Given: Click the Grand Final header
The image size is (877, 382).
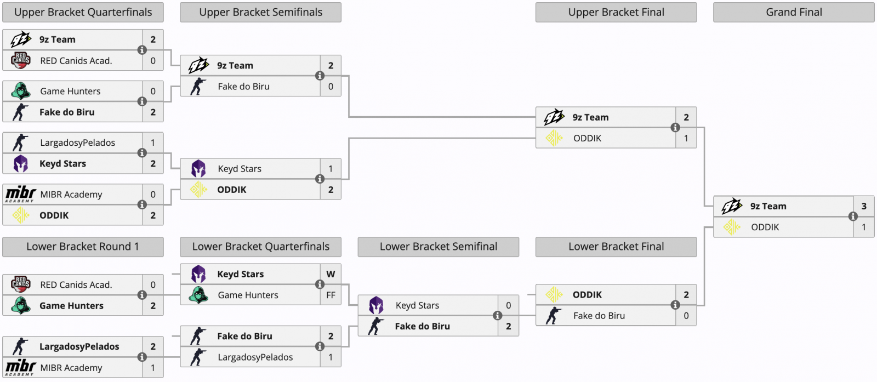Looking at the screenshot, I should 794,12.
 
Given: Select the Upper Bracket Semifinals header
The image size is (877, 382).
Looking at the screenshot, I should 260,12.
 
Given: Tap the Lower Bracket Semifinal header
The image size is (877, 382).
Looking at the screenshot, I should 438,247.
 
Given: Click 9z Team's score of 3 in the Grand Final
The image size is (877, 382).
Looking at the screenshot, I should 864,206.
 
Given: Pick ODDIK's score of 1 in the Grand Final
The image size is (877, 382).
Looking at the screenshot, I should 864,227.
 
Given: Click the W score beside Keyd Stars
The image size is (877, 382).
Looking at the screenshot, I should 331,274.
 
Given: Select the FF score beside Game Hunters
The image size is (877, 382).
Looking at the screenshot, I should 331,295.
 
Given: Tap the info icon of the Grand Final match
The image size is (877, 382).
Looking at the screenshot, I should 853,216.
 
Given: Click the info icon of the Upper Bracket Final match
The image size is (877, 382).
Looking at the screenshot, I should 675,128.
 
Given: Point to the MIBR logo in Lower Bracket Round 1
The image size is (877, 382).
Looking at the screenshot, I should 20,367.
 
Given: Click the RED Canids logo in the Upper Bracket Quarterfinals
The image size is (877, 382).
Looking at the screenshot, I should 20,60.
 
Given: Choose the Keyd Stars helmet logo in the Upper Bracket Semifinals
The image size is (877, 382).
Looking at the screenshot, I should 198,169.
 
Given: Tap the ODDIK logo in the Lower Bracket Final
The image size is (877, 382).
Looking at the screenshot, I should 554,294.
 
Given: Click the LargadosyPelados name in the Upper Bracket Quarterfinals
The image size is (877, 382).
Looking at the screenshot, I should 77,142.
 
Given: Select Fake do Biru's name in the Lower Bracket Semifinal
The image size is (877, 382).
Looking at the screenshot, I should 422,326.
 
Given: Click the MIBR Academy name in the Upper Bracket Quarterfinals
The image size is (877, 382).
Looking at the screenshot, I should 71,195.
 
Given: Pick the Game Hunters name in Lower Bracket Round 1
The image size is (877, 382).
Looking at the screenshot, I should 71,306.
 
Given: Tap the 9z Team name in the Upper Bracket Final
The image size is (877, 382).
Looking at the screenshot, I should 590,117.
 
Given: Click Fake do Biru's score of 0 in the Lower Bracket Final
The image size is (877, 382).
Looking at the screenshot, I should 686,316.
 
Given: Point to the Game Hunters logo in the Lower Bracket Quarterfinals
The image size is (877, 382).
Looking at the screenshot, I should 198,295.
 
